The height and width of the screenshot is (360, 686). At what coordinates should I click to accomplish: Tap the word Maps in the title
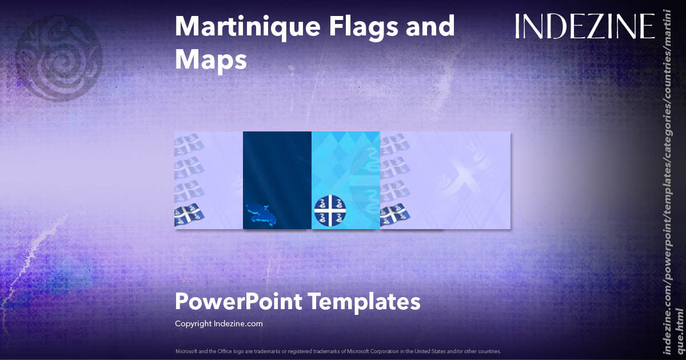tap(210, 60)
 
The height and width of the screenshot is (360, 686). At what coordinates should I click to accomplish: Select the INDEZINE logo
tap(584, 27)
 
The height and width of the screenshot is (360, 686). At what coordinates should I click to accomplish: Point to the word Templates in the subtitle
tap(366, 301)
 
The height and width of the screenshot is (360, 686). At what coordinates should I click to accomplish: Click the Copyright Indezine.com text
tap(218, 323)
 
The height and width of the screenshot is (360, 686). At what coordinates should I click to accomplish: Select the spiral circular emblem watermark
tap(58, 58)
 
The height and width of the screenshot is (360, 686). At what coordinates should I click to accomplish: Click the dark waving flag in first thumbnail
tap(189, 215)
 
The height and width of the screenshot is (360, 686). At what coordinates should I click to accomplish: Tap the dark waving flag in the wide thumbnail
tap(394, 215)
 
